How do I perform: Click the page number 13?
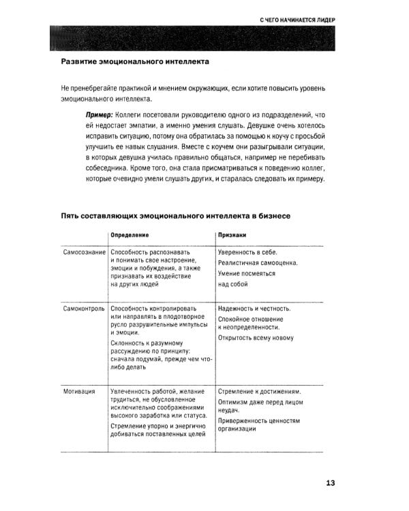tap(330, 484)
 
